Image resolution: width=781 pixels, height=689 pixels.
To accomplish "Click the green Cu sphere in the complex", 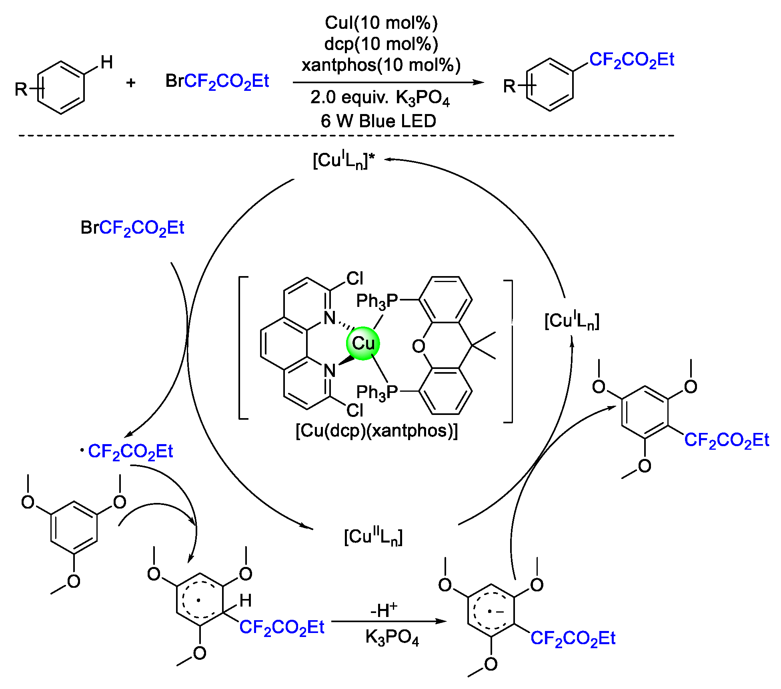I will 362,343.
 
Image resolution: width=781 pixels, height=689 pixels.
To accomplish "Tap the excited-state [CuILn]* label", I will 344,160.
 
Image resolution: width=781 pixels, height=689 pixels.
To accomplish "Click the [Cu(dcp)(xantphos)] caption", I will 376,431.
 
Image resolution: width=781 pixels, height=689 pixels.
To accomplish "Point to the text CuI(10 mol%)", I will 381,23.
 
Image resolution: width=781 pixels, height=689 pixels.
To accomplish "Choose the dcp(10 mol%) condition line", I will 381,44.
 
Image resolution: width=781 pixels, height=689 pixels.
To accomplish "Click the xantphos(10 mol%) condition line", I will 381,65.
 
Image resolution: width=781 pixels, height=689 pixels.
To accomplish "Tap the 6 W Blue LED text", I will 378,121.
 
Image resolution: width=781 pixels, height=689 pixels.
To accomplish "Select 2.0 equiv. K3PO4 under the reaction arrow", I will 380,98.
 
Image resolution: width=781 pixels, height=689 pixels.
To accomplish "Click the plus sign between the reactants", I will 131,83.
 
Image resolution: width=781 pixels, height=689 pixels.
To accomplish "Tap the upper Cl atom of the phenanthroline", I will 354,278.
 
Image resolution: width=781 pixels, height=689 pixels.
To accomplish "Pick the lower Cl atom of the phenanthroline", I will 354,410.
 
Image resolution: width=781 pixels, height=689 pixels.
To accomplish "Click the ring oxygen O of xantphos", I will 419,346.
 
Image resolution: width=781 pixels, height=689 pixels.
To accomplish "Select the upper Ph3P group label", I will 376,301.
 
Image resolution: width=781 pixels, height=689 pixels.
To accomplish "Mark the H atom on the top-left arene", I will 106,62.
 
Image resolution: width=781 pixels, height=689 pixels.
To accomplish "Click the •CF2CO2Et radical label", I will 127,452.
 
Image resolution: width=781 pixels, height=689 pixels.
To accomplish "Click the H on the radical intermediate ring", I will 245,600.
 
